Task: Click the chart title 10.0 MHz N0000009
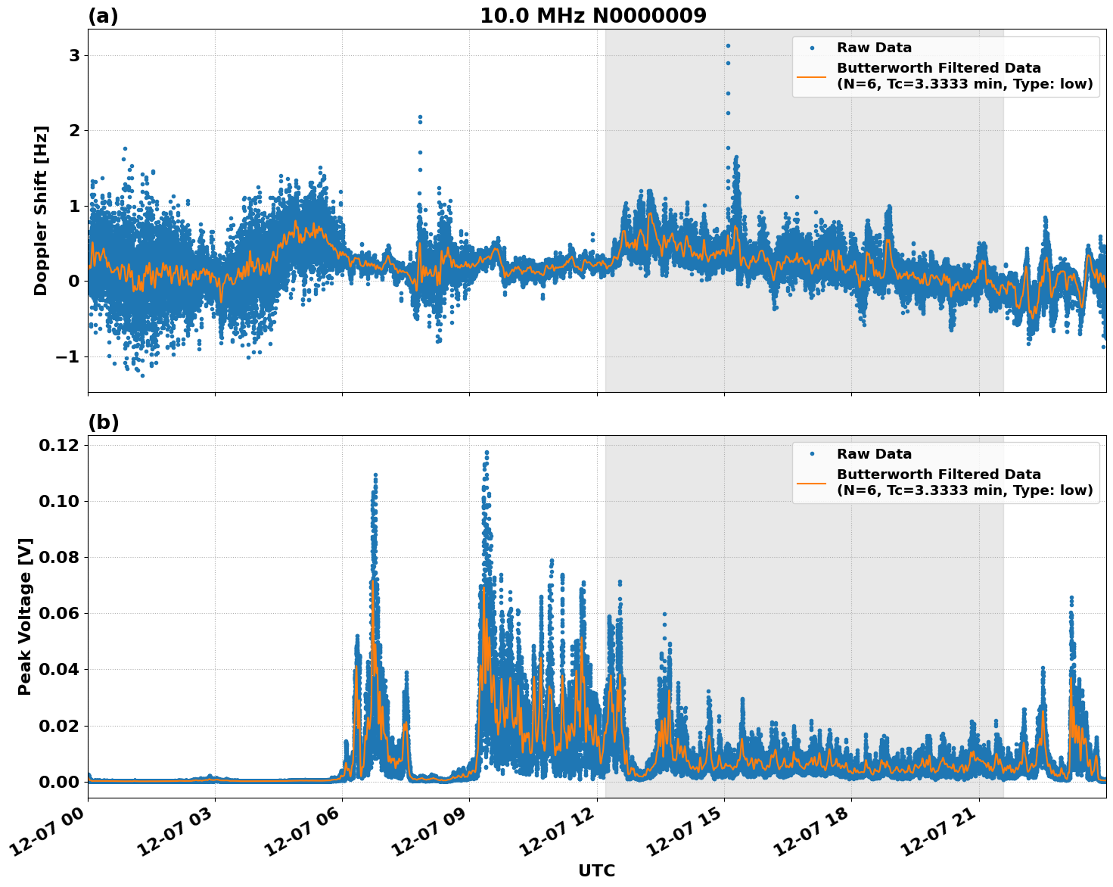click(592, 16)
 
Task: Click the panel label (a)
click(103, 16)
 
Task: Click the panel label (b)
click(103, 422)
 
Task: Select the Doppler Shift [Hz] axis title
click(41, 210)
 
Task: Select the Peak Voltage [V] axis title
click(25, 616)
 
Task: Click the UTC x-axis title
click(596, 870)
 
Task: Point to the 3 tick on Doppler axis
click(74, 56)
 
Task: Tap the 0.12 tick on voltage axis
click(58, 445)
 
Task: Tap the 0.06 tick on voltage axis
click(58, 614)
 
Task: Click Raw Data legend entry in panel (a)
click(874, 48)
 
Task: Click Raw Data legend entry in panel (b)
click(874, 454)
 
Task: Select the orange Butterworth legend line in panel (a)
click(811, 76)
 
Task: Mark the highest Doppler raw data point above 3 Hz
click(728, 45)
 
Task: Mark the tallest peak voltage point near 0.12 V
click(487, 453)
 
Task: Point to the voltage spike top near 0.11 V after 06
click(375, 475)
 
